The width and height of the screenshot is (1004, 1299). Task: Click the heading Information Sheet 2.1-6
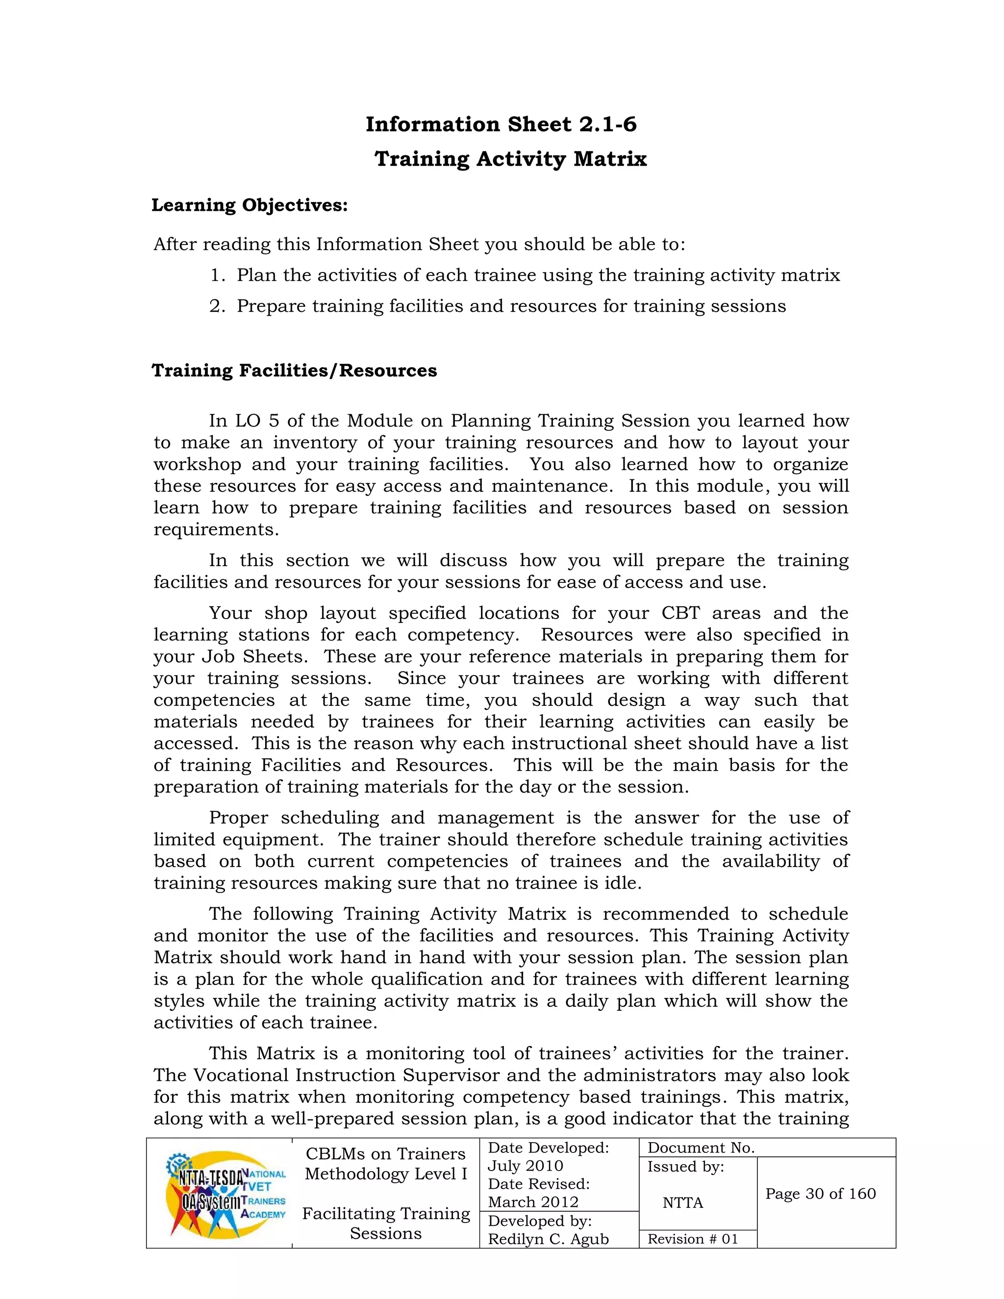click(501, 125)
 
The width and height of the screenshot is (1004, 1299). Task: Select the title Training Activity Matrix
click(510, 159)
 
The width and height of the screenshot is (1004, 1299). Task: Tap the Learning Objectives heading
click(249, 205)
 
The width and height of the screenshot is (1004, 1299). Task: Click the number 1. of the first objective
click(218, 275)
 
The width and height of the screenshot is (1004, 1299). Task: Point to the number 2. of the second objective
click(218, 306)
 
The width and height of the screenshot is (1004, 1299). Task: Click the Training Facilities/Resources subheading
click(294, 371)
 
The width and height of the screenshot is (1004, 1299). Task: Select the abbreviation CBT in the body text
click(680, 613)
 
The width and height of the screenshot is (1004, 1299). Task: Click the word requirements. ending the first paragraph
click(216, 529)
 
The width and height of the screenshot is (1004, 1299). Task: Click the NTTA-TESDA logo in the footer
click(226, 1193)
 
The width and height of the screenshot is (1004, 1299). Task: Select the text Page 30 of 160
click(820, 1194)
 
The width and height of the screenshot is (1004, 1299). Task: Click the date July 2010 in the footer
click(525, 1166)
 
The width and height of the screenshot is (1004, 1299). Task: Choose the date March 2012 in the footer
click(533, 1202)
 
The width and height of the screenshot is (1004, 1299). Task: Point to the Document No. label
click(701, 1148)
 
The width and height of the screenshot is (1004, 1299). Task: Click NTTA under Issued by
click(683, 1202)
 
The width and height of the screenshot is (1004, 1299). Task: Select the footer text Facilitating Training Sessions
click(386, 1224)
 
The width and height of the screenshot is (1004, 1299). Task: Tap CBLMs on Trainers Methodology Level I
click(386, 1164)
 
